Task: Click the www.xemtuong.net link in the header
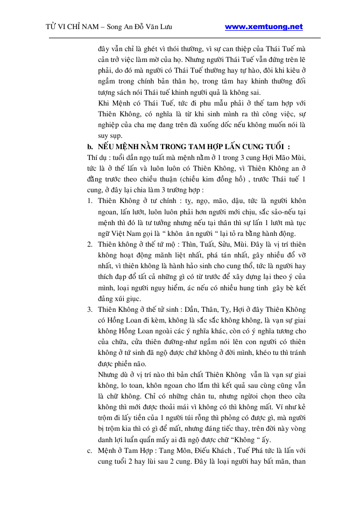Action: [x=263, y=26]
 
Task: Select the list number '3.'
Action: [x=90, y=310]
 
